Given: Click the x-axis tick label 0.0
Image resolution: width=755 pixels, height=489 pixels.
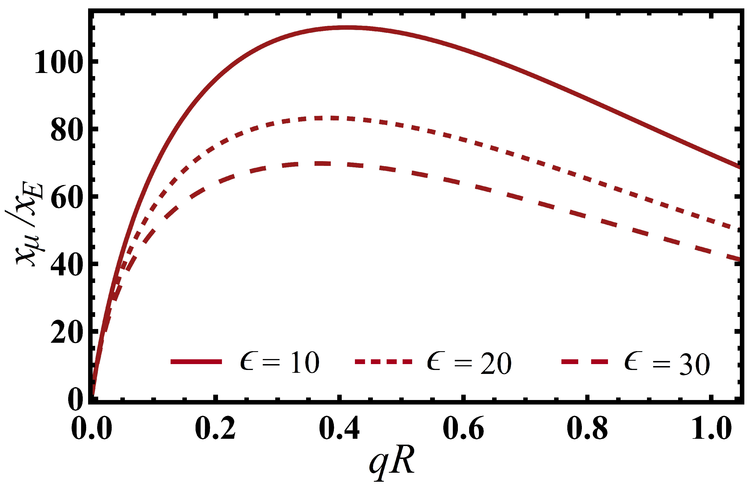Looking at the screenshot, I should [92, 428].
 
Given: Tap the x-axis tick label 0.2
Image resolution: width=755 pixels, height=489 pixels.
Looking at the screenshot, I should [215, 428].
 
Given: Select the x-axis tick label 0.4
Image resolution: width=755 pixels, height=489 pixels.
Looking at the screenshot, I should [339, 428].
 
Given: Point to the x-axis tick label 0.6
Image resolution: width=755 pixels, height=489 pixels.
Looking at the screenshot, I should [463, 428].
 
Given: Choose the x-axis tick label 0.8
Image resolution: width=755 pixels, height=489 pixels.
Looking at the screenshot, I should [588, 428].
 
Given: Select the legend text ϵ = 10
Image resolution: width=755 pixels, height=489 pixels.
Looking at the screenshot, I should [279, 362].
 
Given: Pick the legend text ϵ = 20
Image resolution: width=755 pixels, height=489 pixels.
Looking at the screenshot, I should [469, 362].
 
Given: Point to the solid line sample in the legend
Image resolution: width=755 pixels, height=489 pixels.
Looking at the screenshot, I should [196, 362].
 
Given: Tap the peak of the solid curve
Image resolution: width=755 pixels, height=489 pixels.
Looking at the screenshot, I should [347, 28].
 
